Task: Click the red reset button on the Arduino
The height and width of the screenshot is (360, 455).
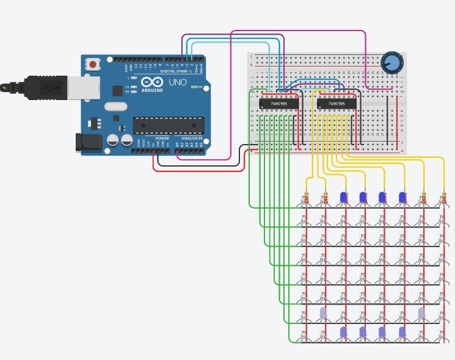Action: pos(93,63)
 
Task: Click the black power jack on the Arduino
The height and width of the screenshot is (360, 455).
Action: pos(86,142)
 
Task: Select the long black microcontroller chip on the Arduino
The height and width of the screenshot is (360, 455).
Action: pos(168,124)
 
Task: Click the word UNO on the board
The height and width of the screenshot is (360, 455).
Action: pos(177,82)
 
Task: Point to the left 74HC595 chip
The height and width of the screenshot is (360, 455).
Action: pos(279,104)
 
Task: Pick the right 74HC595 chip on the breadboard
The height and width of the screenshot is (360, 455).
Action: pos(337,104)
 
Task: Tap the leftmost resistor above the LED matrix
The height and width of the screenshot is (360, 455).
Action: pos(307,198)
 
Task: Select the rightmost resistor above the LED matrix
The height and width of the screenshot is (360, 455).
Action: pos(444,198)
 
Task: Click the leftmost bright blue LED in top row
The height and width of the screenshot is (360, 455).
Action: pos(343,197)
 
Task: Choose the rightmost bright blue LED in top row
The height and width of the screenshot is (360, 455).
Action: pos(402,197)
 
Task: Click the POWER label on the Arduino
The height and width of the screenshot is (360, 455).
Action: pos(162,139)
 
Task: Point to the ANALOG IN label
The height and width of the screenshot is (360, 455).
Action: pos(191,139)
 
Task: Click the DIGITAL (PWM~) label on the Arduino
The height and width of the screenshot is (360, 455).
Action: pos(175,71)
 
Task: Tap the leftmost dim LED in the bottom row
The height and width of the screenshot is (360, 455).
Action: pos(343,331)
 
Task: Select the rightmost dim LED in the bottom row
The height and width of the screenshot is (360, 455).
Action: pos(402,331)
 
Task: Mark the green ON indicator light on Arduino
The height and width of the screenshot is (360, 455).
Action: pos(193,87)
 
